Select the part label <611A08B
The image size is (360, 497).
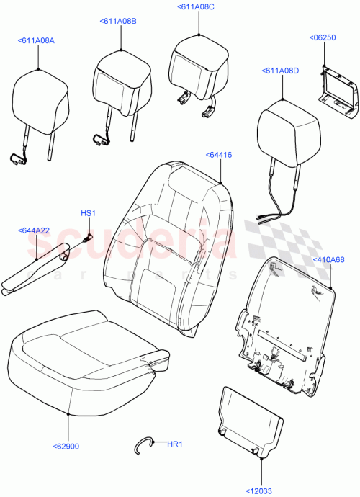click(117, 22)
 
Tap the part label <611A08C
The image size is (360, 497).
click(195, 6)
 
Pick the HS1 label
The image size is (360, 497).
click(88, 212)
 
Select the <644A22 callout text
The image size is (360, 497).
click(34, 230)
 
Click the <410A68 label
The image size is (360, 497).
click(328, 260)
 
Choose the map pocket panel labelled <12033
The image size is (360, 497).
click(248, 421)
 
